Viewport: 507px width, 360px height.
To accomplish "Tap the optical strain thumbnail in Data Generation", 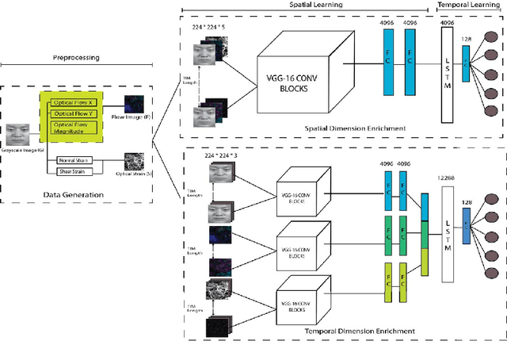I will [140, 162].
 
